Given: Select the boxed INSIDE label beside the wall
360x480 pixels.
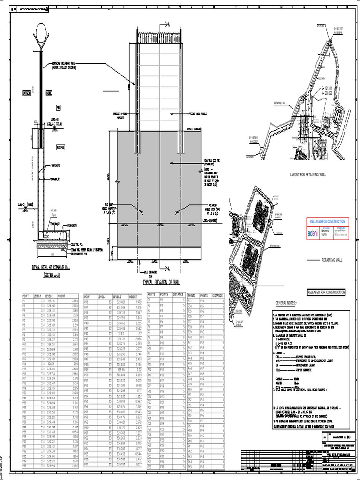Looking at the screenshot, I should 49,93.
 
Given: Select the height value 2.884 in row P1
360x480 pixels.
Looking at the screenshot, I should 74,300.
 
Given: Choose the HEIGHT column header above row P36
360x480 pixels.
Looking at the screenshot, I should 134,297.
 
